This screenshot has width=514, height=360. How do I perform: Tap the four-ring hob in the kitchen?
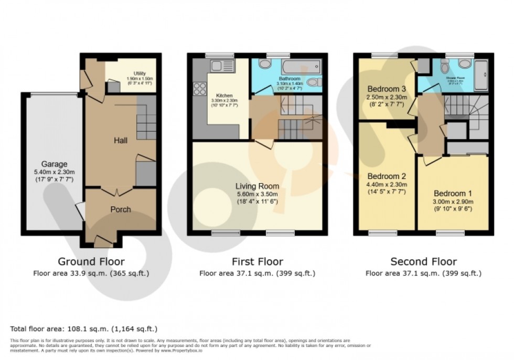coord(200,89)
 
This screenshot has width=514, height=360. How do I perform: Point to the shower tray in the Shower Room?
coord(481,75)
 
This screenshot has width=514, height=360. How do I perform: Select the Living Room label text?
coord(257,186)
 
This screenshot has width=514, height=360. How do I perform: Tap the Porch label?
coord(120,209)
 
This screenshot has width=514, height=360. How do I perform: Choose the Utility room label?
coord(139,74)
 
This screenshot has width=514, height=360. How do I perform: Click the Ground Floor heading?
coord(91,261)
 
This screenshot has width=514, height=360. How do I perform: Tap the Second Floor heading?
coord(423,261)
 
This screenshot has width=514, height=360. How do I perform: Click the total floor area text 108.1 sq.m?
coord(84,329)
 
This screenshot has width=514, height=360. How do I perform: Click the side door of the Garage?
coord(80,211)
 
